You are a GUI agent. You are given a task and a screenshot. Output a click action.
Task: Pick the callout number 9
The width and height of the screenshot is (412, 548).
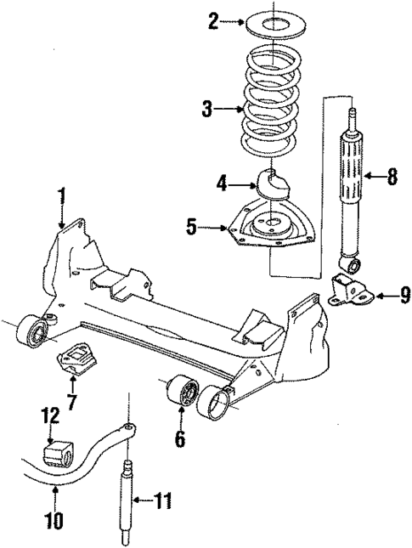404,295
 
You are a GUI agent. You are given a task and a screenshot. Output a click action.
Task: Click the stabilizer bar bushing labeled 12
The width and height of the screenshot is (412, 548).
55,451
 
